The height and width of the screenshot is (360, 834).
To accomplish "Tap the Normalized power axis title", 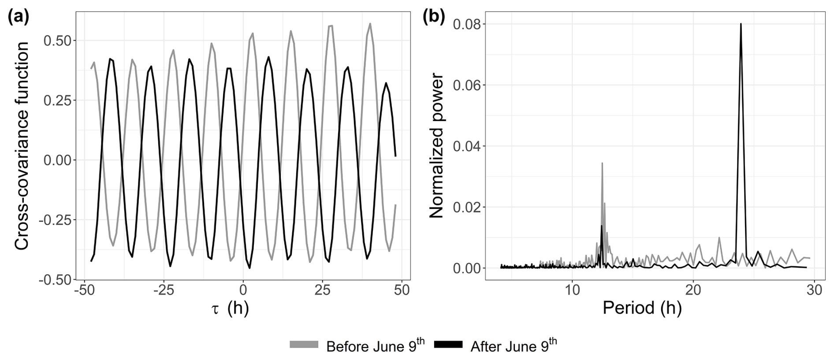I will (436, 146).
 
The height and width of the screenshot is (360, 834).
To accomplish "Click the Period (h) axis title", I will (642, 308).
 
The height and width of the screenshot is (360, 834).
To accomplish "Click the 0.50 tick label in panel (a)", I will (57, 41).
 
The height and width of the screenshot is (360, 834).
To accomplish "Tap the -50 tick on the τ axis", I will (83, 291).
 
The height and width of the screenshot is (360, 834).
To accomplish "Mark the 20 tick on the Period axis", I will (693, 291).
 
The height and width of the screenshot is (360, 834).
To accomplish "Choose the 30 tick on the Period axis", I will (814, 291).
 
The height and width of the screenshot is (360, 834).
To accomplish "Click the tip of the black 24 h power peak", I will (741, 24).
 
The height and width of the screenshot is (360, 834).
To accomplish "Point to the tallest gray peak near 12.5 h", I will (602, 163).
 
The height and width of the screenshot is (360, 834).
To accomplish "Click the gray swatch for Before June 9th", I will (304, 345).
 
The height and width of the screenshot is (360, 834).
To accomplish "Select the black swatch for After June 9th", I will (448, 345).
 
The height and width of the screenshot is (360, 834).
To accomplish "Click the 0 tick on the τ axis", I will (243, 291).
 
